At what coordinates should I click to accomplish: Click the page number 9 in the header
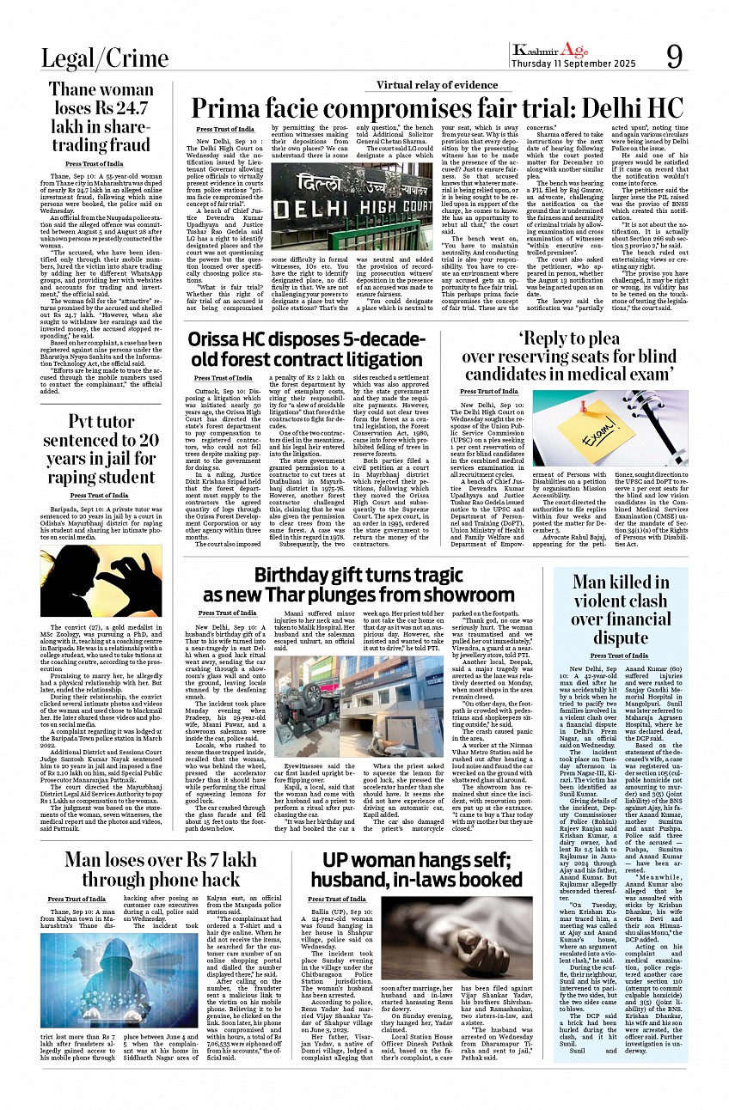pos(676,58)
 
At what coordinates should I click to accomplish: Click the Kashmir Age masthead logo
pos(551,51)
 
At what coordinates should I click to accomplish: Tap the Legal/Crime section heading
pos(105,58)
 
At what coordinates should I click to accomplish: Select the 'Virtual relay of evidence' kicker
pos(437,85)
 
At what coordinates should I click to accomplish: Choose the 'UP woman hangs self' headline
pos(421,869)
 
